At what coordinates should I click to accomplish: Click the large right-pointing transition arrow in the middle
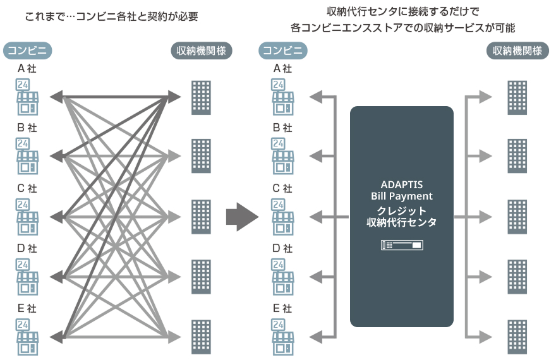pos(242,217)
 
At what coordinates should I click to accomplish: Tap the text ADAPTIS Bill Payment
pos(402,191)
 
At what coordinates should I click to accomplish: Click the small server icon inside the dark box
pos(402,244)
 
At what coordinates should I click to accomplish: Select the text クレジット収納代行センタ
pos(402,217)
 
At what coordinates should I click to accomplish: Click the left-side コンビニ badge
pos(27,51)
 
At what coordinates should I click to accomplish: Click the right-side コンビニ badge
pos(282,51)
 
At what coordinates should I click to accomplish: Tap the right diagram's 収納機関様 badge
pos(517,51)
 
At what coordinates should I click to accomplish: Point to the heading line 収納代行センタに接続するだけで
pos(402,11)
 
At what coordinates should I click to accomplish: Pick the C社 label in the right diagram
pos(282,188)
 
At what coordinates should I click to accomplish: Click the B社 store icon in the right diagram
pos(282,157)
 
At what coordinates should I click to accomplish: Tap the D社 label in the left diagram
pos(27,248)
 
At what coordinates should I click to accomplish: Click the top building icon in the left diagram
pos(201,97)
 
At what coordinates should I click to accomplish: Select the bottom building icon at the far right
pos(517,337)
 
